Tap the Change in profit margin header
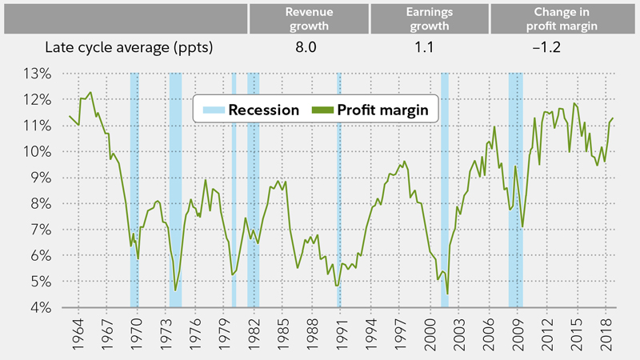[x=554, y=18]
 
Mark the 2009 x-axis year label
[x=518, y=332]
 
